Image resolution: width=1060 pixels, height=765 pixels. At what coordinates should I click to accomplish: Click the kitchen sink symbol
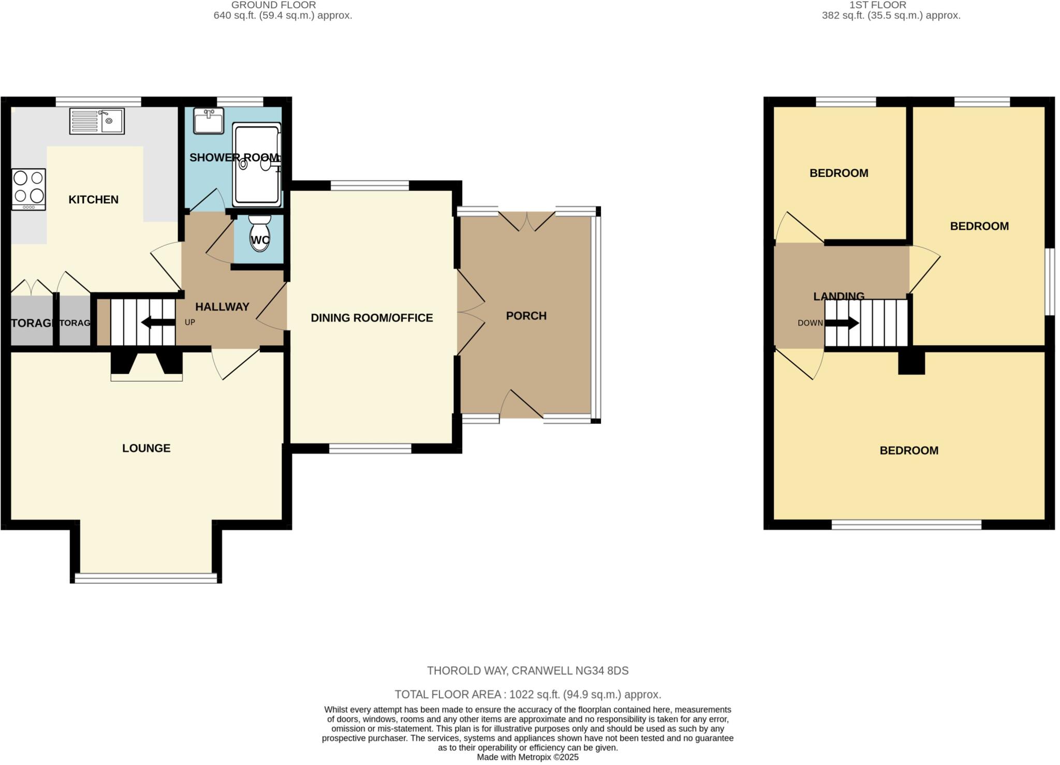[x=97, y=121]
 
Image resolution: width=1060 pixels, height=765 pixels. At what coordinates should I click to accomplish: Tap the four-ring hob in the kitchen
[x=28, y=190]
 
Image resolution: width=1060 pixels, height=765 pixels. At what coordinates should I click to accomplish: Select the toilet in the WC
[x=259, y=233]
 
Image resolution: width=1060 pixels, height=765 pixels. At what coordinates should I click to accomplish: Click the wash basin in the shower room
[x=208, y=121]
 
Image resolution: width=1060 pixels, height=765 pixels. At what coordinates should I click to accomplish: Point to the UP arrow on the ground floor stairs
[x=158, y=322]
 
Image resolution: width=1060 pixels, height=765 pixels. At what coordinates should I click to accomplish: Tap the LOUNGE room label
[x=146, y=448]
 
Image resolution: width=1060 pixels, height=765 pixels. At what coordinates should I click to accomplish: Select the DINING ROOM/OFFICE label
[x=372, y=318]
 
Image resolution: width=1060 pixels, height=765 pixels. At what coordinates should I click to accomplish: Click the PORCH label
[x=526, y=316]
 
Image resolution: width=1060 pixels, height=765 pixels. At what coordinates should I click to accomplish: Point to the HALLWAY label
[x=222, y=307]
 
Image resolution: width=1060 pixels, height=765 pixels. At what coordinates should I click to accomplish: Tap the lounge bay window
[x=146, y=578]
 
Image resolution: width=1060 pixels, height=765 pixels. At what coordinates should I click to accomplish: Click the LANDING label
[x=838, y=296]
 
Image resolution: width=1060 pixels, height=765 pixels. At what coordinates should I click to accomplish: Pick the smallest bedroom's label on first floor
[x=838, y=173]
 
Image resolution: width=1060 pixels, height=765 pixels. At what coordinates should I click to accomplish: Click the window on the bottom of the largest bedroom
[x=906, y=524]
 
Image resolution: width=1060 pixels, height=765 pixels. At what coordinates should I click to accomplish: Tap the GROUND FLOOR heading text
[x=273, y=5]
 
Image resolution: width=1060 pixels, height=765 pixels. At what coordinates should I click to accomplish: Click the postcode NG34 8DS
[x=602, y=671]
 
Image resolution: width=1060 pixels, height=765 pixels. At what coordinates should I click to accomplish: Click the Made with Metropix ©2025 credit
[x=527, y=757]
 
